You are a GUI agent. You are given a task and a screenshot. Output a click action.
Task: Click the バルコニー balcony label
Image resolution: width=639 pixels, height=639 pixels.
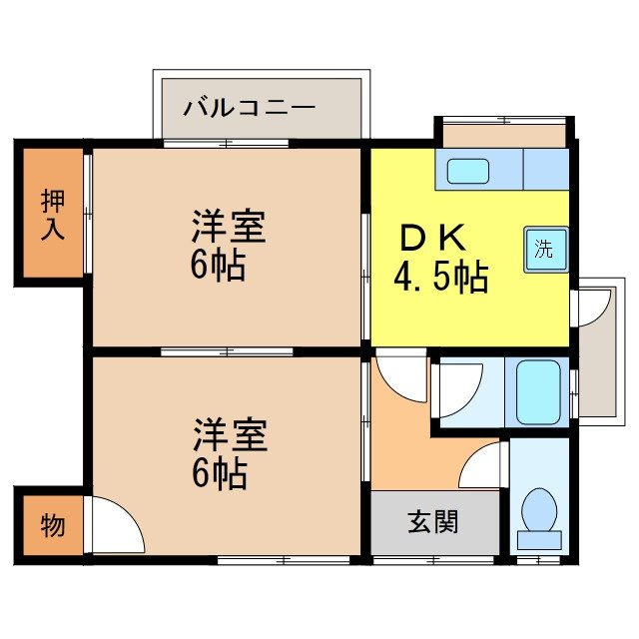[249, 107]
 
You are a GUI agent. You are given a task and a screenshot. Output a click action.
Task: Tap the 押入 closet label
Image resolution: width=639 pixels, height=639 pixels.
[53, 214]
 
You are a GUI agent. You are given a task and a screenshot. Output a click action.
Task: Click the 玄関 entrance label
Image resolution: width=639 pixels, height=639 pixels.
[433, 522]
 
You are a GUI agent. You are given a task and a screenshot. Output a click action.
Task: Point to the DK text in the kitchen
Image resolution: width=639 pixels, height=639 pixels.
[432, 239]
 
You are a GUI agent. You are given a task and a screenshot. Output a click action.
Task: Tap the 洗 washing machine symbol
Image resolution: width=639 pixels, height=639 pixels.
[545, 250]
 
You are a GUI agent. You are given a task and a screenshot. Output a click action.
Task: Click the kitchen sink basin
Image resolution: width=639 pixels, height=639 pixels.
[467, 171]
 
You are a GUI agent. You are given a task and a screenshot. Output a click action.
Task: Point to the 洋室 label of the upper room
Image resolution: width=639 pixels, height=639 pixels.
[229, 227]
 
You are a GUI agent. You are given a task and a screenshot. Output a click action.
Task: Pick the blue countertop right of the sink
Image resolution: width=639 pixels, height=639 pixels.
[545, 169]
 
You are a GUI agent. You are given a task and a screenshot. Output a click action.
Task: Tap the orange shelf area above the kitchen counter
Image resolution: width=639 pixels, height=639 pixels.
[503, 135]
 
